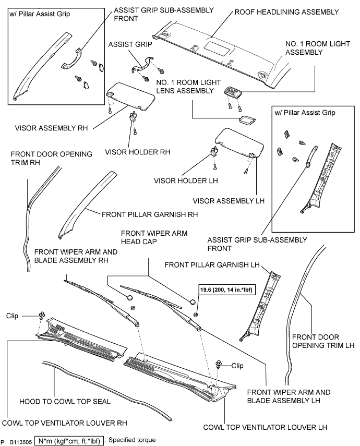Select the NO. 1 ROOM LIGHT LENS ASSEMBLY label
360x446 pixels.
click(x=189, y=87)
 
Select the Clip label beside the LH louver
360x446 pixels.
click(x=237, y=366)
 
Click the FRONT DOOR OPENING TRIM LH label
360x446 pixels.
click(x=323, y=341)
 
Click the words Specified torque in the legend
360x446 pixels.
click(x=136, y=441)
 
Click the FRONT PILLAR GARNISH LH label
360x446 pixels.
click(x=212, y=266)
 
